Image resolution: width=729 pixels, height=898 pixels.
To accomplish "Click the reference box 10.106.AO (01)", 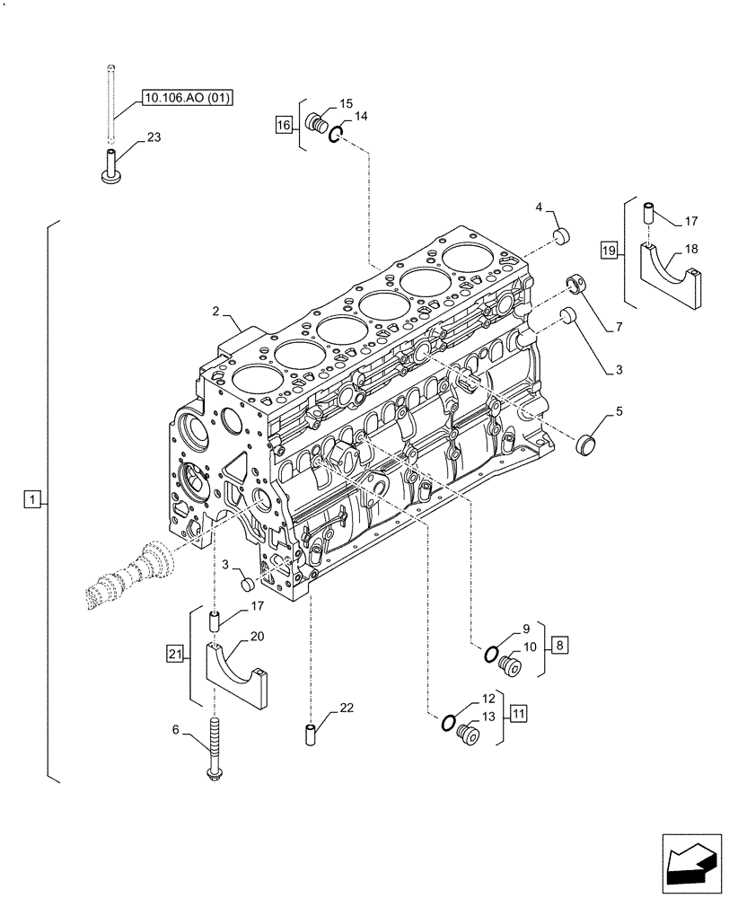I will pos(186,98).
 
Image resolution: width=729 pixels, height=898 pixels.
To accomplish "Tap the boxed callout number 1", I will pos(32,498).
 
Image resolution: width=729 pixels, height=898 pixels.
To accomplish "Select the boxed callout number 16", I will pos(284,126).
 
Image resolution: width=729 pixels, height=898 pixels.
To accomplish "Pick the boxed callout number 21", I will pos(176,653).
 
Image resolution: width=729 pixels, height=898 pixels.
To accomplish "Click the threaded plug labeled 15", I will pos(315,123).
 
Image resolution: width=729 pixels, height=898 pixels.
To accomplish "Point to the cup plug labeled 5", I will pos(588,443).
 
